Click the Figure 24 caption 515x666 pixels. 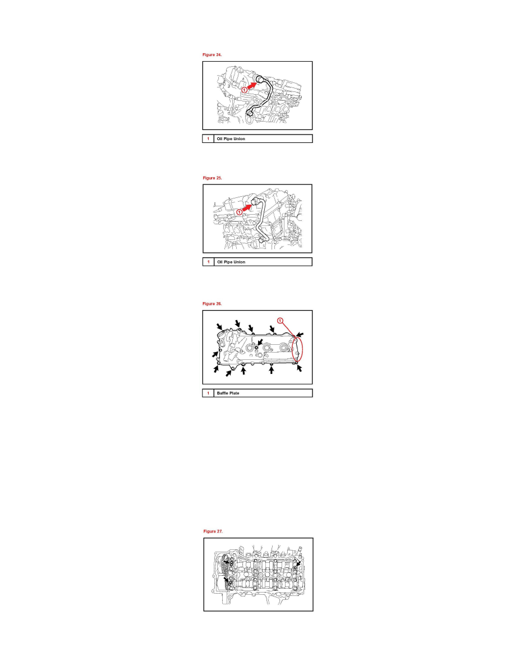pyautogui.click(x=211, y=55)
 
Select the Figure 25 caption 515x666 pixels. pyautogui.click(x=212, y=178)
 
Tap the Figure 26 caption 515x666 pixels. pyautogui.click(x=212, y=303)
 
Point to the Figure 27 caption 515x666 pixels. pyautogui.click(x=213, y=530)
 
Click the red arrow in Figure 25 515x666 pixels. pyautogui.click(x=245, y=207)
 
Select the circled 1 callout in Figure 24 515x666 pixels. pyautogui.click(x=244, y=90)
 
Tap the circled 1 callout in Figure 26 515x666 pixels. pyautogui.click(x=281, y=320)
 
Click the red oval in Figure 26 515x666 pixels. pyautogui.click(x=297, y=348)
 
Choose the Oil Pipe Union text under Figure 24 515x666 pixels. pyautogui.click(x=231, y=138)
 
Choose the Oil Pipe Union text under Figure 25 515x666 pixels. pyautogui.click(x=231, y=262)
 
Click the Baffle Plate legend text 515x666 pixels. pyautogui.click(x=229, y=394)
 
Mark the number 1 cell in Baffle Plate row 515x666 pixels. pyautogui.click(x=208, y=394)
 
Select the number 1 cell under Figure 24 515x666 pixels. pyautogui.click(x=208, y=138)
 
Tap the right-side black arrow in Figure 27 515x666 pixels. pyautogui.click(x=298, y=563)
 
